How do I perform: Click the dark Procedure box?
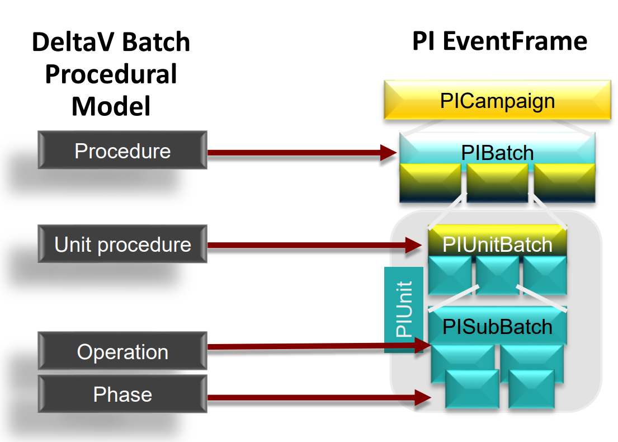click(122, 151)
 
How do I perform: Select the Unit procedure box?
click(122, 244)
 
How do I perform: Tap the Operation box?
click(122, 351)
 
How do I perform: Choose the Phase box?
click(122, 394)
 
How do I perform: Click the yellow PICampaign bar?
click(497, 101)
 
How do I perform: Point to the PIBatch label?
click(497, 152)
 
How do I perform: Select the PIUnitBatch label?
click(497, 244)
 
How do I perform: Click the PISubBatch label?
click(497, 326)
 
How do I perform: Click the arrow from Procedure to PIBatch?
click(296, 152)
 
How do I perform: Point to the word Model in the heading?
click(111, 106)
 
